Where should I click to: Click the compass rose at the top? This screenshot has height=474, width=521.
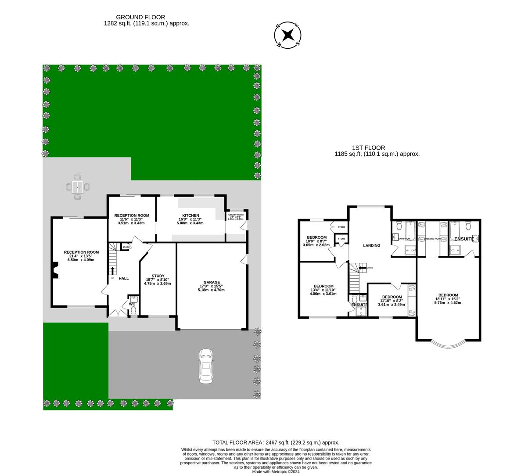coord(287,35)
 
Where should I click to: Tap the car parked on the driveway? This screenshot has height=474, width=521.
coord(205,366)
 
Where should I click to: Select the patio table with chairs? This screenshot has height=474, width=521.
coord(78,187)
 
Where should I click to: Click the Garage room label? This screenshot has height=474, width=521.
coord(211,282)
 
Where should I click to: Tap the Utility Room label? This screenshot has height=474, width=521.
coord(236,215)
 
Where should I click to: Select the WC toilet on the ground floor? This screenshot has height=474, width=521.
coord(133,310)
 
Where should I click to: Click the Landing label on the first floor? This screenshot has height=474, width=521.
coord(371,246)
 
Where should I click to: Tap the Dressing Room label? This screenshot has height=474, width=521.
coord(432,226)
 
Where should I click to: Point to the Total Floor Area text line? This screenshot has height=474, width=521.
coord(276,442)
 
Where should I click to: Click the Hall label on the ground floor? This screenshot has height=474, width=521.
coord(123,278)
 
